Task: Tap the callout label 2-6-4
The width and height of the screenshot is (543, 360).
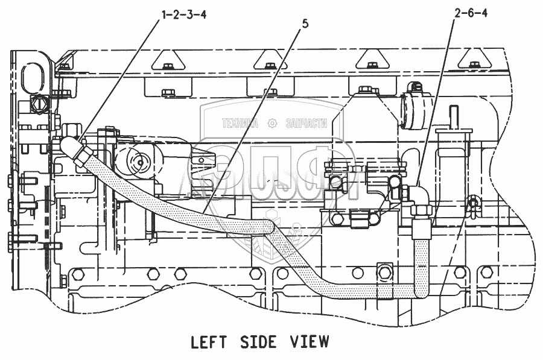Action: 469,14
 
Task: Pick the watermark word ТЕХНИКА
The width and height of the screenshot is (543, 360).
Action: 240,123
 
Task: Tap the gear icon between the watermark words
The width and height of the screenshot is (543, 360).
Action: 273,123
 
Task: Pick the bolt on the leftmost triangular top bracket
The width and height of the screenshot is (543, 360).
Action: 167,62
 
